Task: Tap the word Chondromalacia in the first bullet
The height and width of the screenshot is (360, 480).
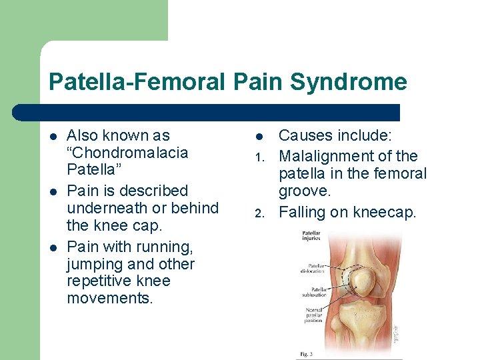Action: point(127,153)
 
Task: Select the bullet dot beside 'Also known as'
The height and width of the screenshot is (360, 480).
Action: point(53,136)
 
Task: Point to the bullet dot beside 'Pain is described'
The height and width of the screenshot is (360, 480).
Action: point(53,191)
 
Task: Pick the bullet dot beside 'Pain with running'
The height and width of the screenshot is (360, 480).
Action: point(53,247)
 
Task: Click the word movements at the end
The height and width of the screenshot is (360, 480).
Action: point(110,298)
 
